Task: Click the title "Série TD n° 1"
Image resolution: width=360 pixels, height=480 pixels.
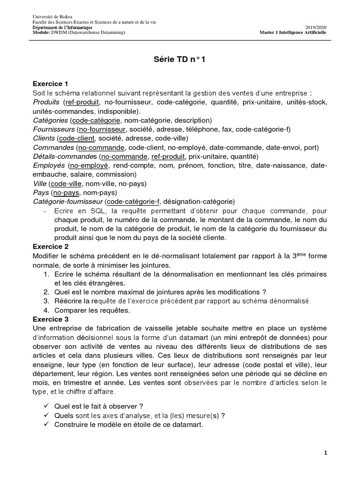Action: [x=180, y=60]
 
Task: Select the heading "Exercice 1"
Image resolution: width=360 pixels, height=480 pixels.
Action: [x=51, y=84]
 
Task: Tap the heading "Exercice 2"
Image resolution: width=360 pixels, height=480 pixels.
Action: [x=51, y=246]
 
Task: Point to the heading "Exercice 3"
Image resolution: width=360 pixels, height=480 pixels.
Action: [x=51, y=318]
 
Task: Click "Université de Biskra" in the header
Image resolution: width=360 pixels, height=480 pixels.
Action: [x=49, y=17]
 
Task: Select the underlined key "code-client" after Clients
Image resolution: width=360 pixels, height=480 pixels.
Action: [x=77, y=138]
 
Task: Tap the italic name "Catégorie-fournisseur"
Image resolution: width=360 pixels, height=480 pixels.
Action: [x=68, y=202]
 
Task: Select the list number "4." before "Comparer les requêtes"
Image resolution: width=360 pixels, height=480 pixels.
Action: [x=46, y=310]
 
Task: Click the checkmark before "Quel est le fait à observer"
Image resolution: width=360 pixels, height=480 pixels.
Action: [x=45, y=405]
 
